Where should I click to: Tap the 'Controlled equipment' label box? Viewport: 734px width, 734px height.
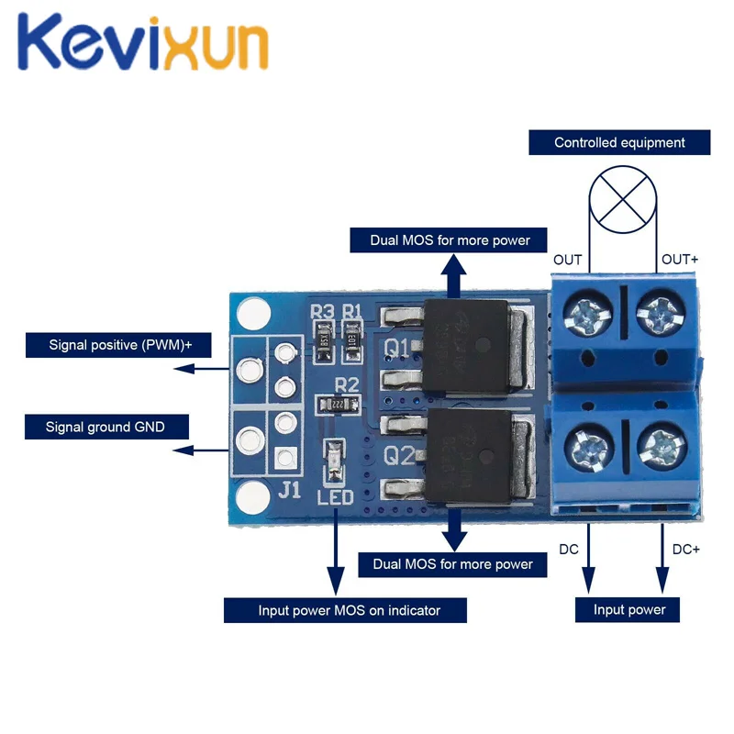(x=619, y=143)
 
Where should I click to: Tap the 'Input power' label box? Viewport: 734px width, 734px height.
(x=628, y=609)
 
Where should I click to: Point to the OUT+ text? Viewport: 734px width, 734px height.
(x=680, y=260)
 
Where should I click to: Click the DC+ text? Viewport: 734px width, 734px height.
(x=685, y=550)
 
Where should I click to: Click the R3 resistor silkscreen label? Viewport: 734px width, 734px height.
(x=322, y=312)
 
